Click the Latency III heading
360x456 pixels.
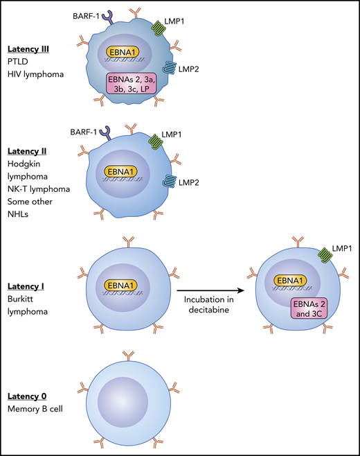[x=30, y=49]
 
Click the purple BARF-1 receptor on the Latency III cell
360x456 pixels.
[x=108, y=15]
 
